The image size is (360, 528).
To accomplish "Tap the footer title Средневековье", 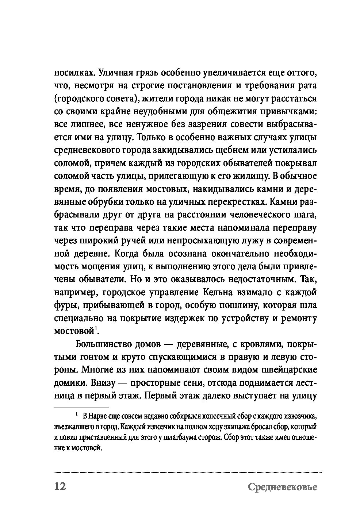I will (x=282, y=487).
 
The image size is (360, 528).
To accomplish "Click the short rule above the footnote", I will (x=81, y=407).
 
